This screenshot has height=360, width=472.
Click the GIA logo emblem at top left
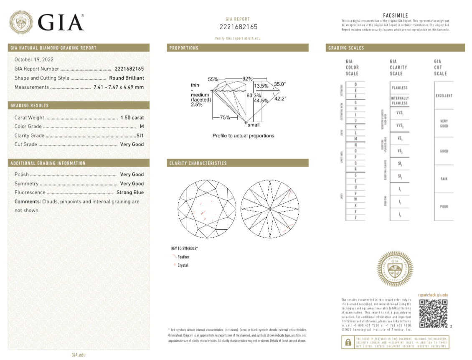click(22, 22)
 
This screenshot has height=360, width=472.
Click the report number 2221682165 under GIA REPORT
click(239, 27)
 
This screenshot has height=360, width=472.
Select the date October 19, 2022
click(34, 60)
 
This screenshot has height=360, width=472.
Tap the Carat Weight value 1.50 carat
click(132, 118)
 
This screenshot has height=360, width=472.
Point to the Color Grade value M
click(142, 127)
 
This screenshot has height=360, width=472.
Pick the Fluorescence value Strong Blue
click(130, 193)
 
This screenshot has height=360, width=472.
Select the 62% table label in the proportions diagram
click(247, 79)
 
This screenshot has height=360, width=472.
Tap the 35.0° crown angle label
click(280, 84)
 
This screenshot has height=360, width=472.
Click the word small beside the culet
click(254, 125)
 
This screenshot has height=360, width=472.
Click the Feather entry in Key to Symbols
click(183, 257)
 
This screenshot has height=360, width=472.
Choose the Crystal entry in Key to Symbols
click(183, 265)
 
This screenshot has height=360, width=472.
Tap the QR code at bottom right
click(433, 313)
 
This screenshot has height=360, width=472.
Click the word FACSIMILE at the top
click(395, 15)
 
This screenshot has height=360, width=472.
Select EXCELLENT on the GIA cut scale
click(444, 96)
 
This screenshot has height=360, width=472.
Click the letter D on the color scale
click(355, 84)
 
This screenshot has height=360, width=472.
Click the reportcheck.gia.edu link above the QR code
click(433, 295)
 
